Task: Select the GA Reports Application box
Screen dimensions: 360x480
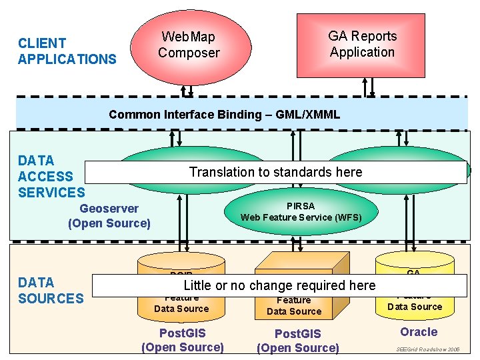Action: click(x=362, y=44)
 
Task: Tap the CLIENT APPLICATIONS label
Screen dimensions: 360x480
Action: click(x=67, y=51)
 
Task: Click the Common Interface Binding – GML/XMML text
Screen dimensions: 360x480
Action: click(x=224, y=115)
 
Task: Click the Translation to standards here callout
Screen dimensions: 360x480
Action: click(x=275, y=172)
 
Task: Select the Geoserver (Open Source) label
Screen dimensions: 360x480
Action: click(x=109, y=216)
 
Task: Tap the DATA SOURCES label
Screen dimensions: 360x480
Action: click(x=51, y=290)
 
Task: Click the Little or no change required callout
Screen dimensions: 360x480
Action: click(x=279, y=285)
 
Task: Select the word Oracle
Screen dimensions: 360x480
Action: click(x=419, y=332)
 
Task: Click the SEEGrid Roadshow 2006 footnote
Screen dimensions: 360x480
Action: click(x=427, y=349)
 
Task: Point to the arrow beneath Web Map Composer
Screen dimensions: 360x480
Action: click(x=190, y=90)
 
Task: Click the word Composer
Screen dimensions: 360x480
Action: click(x=189, y=53)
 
